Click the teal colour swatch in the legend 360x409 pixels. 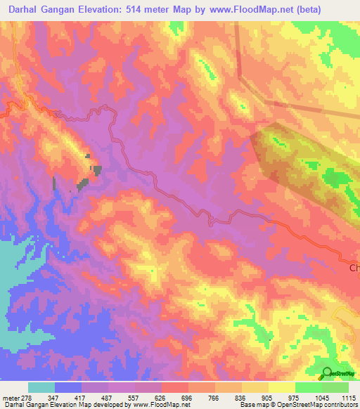[x=41, y=387]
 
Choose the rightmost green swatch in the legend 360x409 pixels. [x=335, y=387]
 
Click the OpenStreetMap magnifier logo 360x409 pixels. [x=326, y=374]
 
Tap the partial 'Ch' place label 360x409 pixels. [x=354, y=268]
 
